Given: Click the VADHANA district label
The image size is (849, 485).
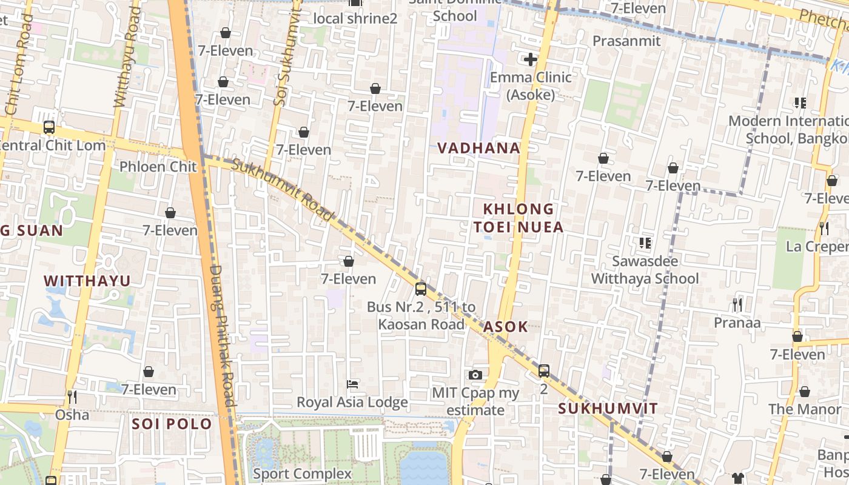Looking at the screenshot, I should pyautogui.click(x=478, y=148).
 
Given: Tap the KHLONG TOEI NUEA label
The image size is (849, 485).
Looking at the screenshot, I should pyautogui.click(x=518, y=218).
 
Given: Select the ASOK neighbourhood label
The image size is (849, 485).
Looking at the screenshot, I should pyautogui.click(x=506, y=327).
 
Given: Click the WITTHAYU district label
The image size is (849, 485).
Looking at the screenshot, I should pyautogui.click(x=87, y=281).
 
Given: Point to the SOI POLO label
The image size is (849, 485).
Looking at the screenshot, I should pyautogui.click(x=172, y=424).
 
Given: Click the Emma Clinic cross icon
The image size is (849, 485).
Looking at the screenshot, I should pyautogui.click(x=531, y=59).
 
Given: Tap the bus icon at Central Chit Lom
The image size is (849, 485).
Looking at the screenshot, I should pyautogui.click(x=49, y=127).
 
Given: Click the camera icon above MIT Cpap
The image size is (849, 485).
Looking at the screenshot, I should pyautogui.click(x=475, y=375).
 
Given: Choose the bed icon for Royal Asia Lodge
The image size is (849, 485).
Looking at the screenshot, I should pyautogui.click(x=352, y=384).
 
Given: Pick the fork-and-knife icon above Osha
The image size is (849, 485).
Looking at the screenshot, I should pyautogui.click(x=72, y=397).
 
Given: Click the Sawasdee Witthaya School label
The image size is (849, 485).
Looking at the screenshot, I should pyautogui.click(x=645, y=270).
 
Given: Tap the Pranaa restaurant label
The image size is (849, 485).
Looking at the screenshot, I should pyautogui.click(x=737, y=323).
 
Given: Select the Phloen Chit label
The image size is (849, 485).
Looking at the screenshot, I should pyautogui.click(x=158, y=167).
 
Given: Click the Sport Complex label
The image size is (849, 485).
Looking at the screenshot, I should pyautogui.click(x=302, y=473).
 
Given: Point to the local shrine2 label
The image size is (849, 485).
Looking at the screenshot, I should pyautogui.click(x=355, y=18).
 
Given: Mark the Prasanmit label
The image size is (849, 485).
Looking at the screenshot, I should pyautogui.click(x=626, y=41).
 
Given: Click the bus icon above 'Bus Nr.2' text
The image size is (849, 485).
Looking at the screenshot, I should pyautogui.click(x=421, y=289).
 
